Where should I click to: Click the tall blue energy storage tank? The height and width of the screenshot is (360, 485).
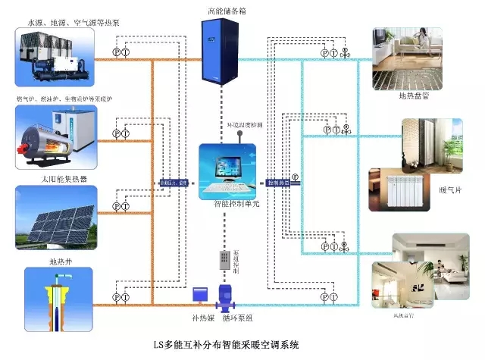click(x=218, y=52)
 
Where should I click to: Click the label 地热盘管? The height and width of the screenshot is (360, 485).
click(x=415, y=98)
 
